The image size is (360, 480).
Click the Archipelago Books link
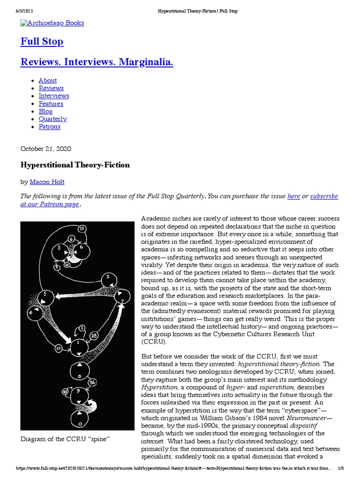click(52, 23)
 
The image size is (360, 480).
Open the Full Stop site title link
click(42, 42)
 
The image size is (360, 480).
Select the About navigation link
click(47, 80)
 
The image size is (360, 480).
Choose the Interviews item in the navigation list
click(53, 96)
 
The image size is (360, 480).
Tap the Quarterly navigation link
click(52, 119)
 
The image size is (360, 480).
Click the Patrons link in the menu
click(49, 127)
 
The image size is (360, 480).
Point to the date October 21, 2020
click(45, 149)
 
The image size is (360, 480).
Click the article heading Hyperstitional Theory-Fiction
click(75, 165)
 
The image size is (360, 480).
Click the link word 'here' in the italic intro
click(293, 196)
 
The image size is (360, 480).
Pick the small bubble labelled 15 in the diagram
click(82, 228)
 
